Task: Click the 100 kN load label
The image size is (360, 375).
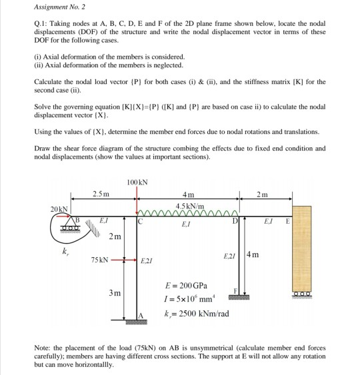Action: [x=137, y=182]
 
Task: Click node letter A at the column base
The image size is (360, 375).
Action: [x=141, y=316]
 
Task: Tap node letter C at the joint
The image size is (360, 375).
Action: [x=142, y=222]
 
